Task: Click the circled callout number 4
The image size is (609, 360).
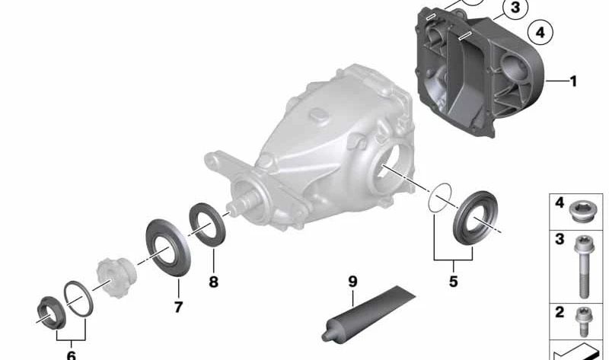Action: point(540,33)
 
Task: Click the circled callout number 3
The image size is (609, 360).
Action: point(515,8)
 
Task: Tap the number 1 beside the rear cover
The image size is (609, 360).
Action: point(573,81)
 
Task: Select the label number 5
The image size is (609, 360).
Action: point(453,281)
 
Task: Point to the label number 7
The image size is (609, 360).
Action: point(178,307)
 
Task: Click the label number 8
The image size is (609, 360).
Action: point(213,282)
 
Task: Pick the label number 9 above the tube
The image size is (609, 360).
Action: point(352,281)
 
